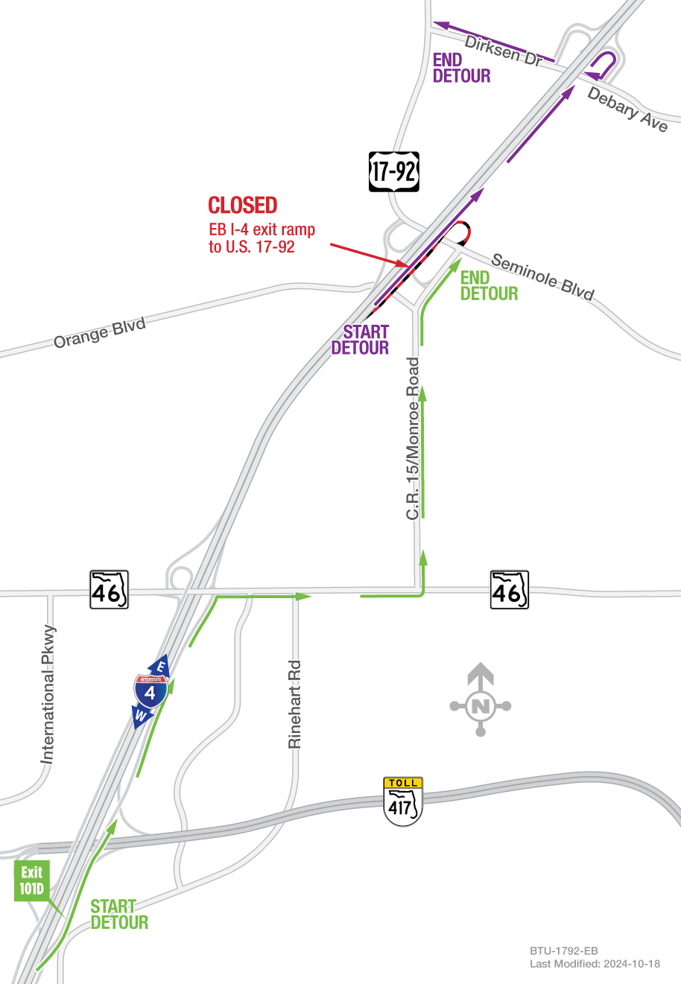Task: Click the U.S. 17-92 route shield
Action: pos(394,171)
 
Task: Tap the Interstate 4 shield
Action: pos(151,691)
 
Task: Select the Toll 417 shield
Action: pos(403,802)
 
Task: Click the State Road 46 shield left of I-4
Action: pos(109,590)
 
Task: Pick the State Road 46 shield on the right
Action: pos(509,590)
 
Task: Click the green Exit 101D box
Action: pos(31,880)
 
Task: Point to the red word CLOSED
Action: pos(243,206)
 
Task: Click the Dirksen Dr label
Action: pos(504,50)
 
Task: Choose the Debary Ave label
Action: pos(627,109)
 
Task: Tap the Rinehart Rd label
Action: pos(295,704)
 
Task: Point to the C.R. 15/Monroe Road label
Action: pos(414,439)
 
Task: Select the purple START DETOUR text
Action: pos(361,340)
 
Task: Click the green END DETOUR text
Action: pos(489,286)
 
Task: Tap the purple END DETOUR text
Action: pos(461,68)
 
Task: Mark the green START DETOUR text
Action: pos(119,915)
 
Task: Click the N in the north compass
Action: pos(481,706)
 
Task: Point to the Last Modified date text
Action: pos(595,964)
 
